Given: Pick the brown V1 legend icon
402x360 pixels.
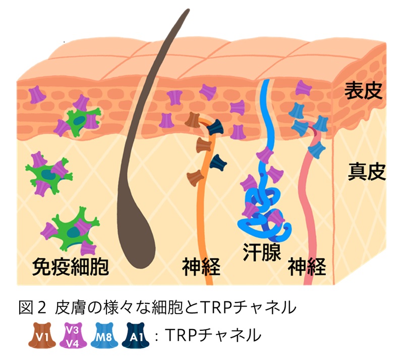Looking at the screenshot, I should (39, 335).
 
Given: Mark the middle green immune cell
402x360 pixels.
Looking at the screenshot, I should (49, 173).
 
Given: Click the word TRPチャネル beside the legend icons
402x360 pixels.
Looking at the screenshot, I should (213, 335).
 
